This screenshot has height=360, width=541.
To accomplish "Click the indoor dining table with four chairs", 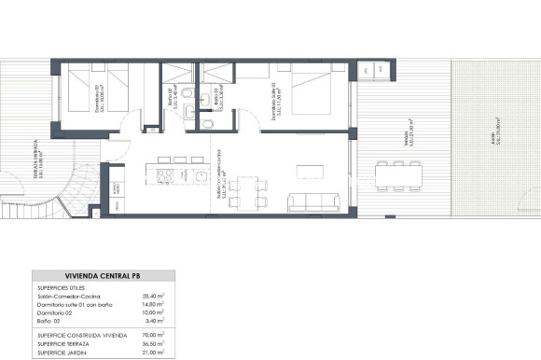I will point(244,187).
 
